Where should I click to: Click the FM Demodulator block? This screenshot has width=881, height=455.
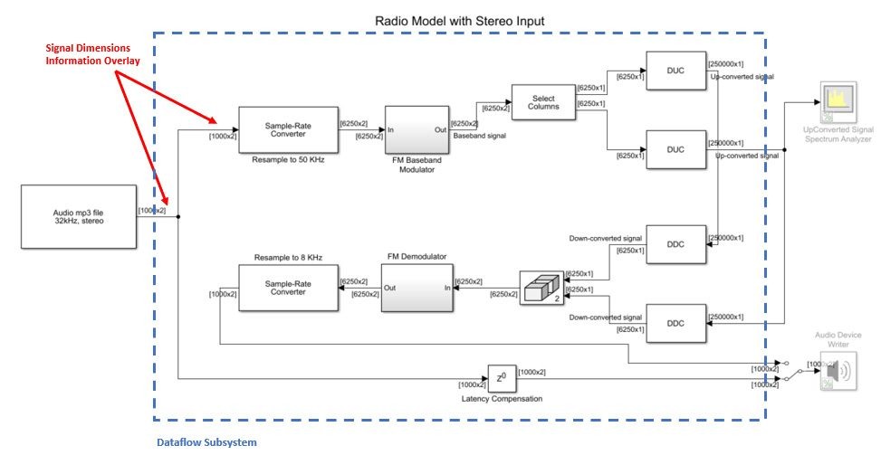[x=416, y=289]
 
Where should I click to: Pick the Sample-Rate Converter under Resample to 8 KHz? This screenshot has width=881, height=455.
[x=287, y=288]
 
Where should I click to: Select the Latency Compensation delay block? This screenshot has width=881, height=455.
[x=500, y=377]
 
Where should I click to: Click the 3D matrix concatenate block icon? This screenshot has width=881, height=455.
[x=541, y=289]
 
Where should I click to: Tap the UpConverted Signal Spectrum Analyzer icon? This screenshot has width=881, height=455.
[x=838, y=105]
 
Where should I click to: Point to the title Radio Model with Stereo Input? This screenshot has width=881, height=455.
[x=460, y=20]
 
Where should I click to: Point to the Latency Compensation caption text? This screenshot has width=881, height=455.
[x=500, y=399]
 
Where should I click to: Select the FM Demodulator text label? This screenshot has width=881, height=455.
[x=416, y=257]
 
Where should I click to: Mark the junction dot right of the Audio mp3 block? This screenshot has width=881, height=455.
[x=179, y=217]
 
